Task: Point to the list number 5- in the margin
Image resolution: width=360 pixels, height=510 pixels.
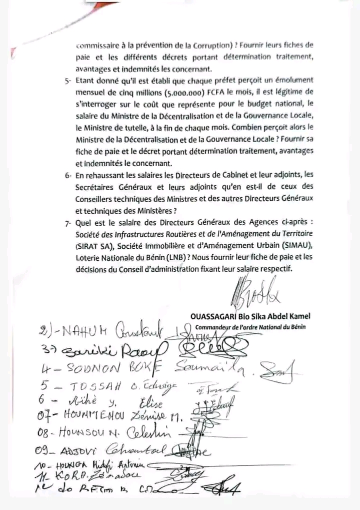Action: (68, 81)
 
